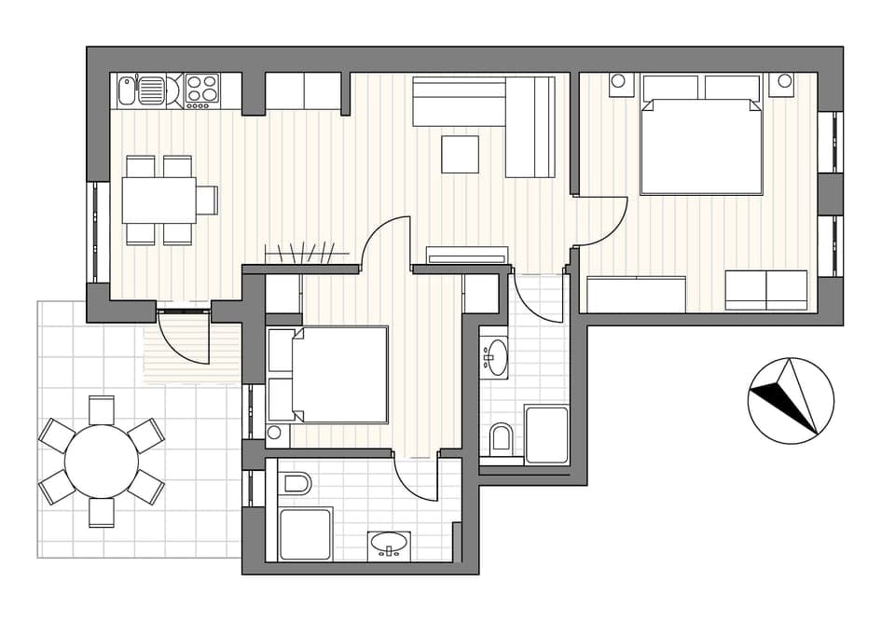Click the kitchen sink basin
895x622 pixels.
(152, 90)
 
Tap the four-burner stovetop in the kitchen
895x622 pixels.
(201, 90)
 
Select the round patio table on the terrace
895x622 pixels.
(101, 461)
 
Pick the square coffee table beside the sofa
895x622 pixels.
(460, 154)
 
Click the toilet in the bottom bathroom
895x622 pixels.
(296, 483)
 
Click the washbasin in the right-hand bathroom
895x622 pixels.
(495, 357)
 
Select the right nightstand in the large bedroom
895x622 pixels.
(781, 84)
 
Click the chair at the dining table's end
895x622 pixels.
(207, 200)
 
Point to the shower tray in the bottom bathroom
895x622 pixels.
(306, 533)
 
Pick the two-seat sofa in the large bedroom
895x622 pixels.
(766, 290)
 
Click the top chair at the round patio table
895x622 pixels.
(101, 408)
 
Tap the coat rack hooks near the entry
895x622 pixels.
(300, 253)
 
